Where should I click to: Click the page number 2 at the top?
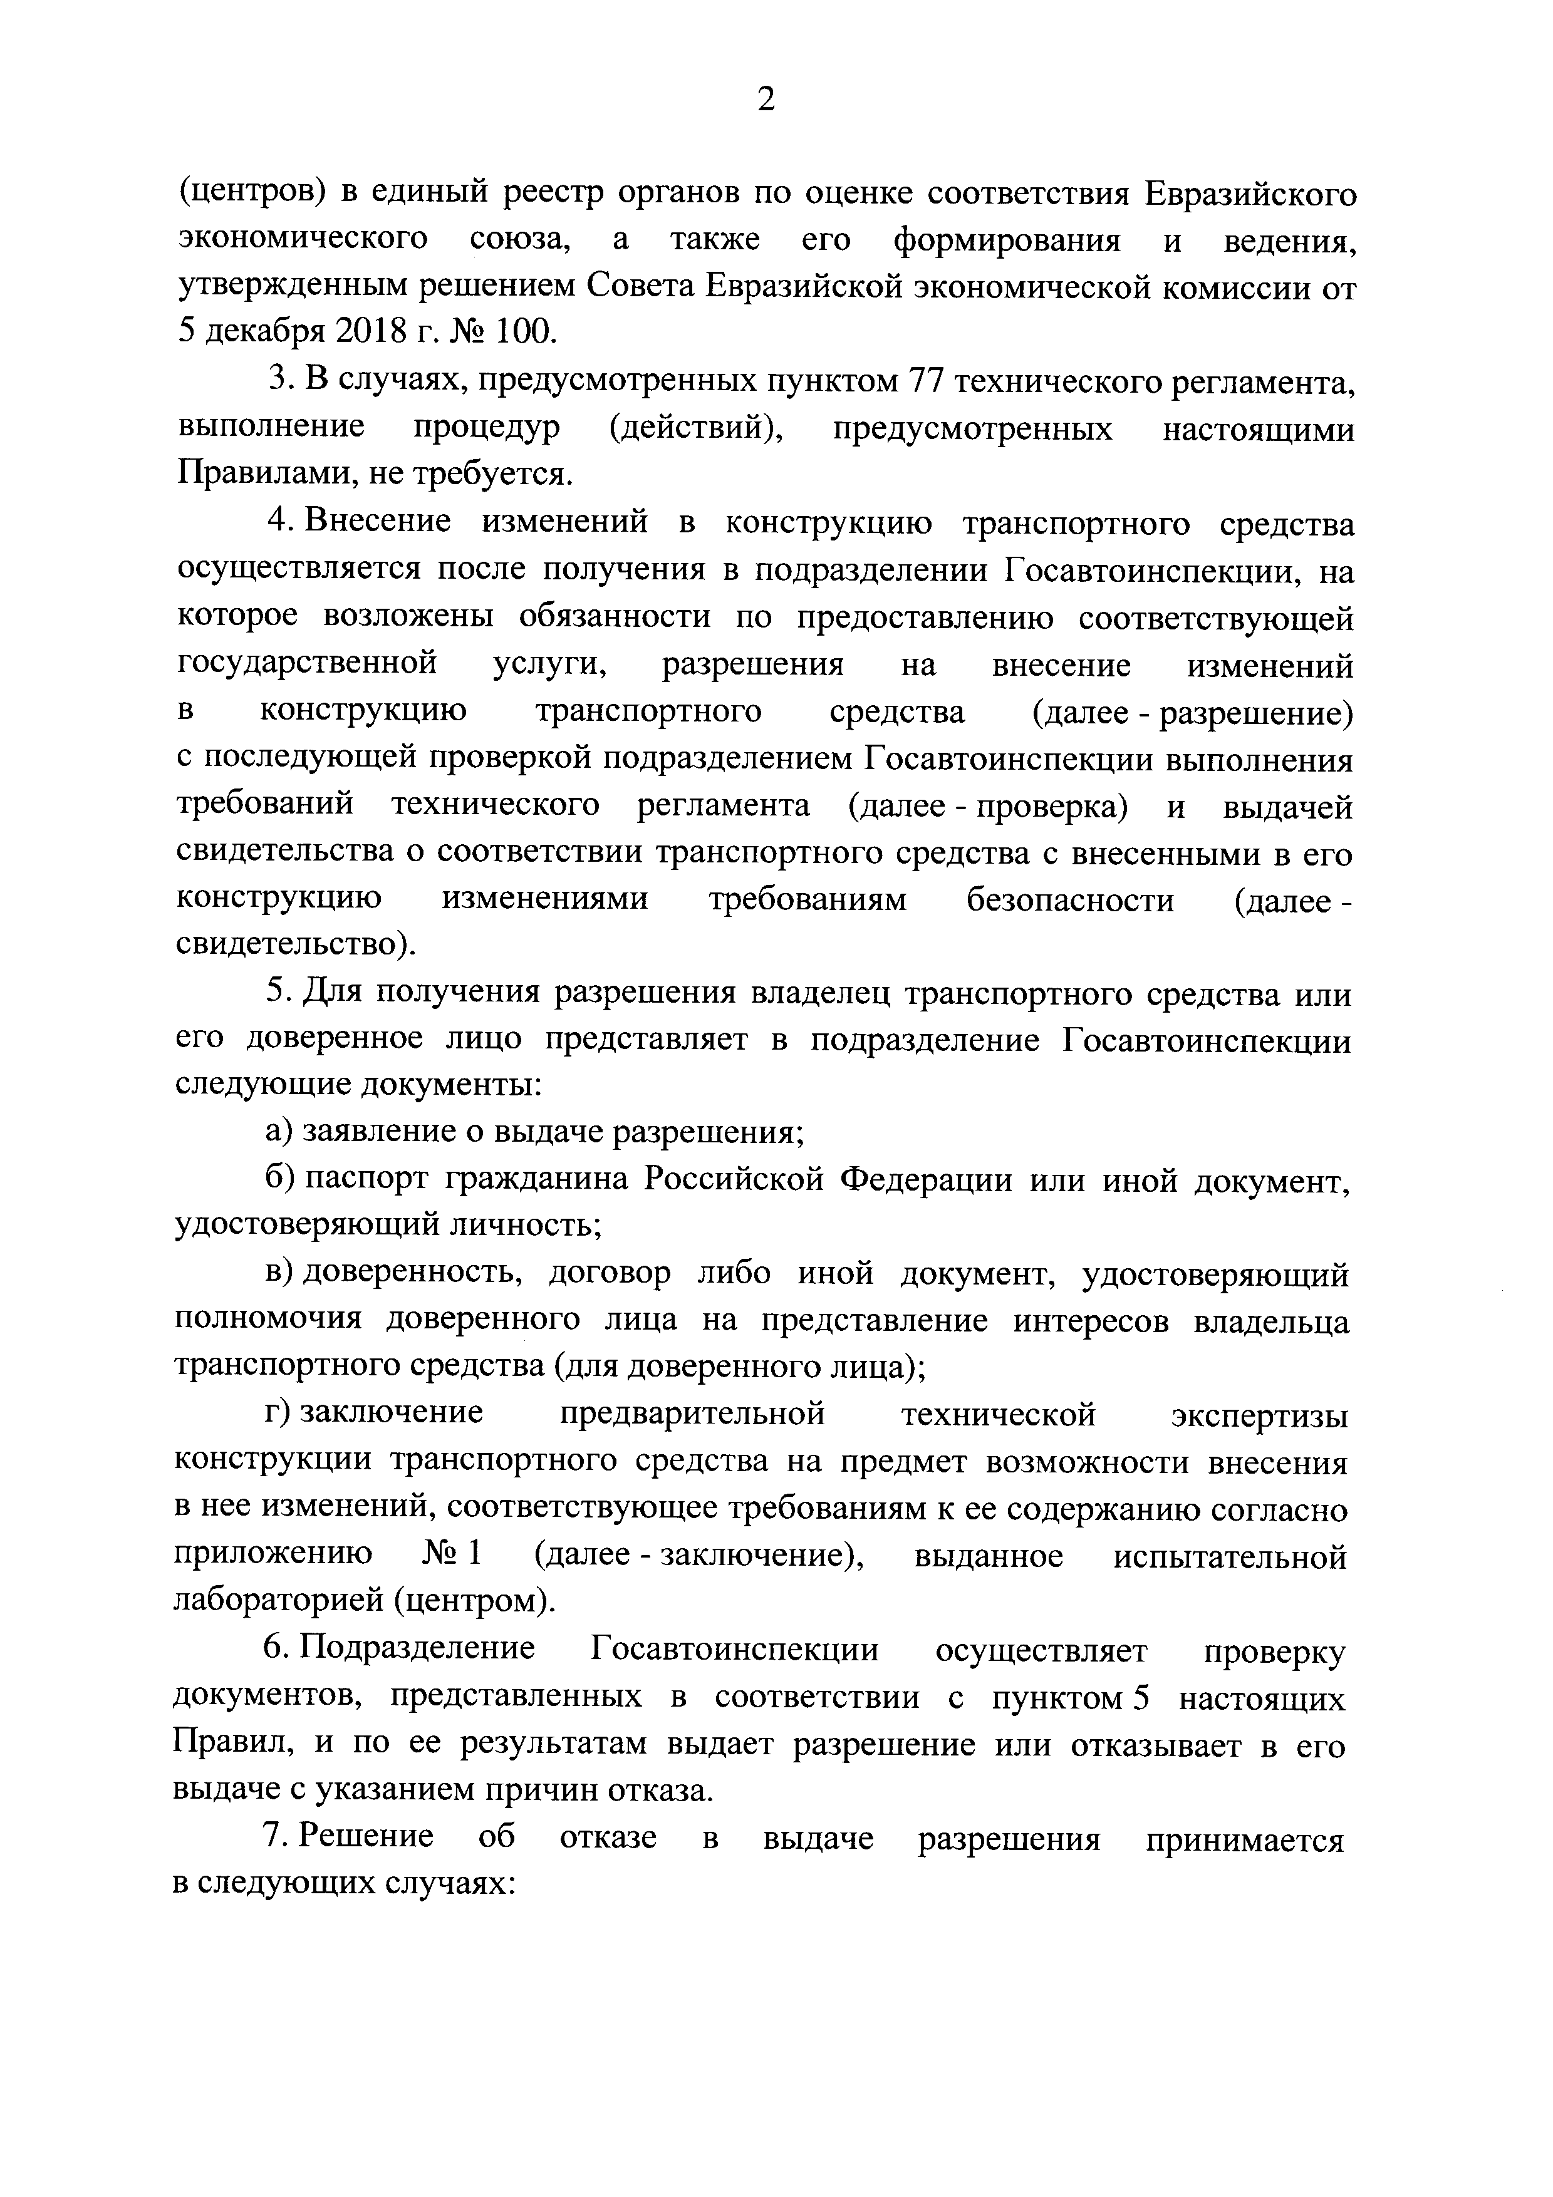766,100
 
